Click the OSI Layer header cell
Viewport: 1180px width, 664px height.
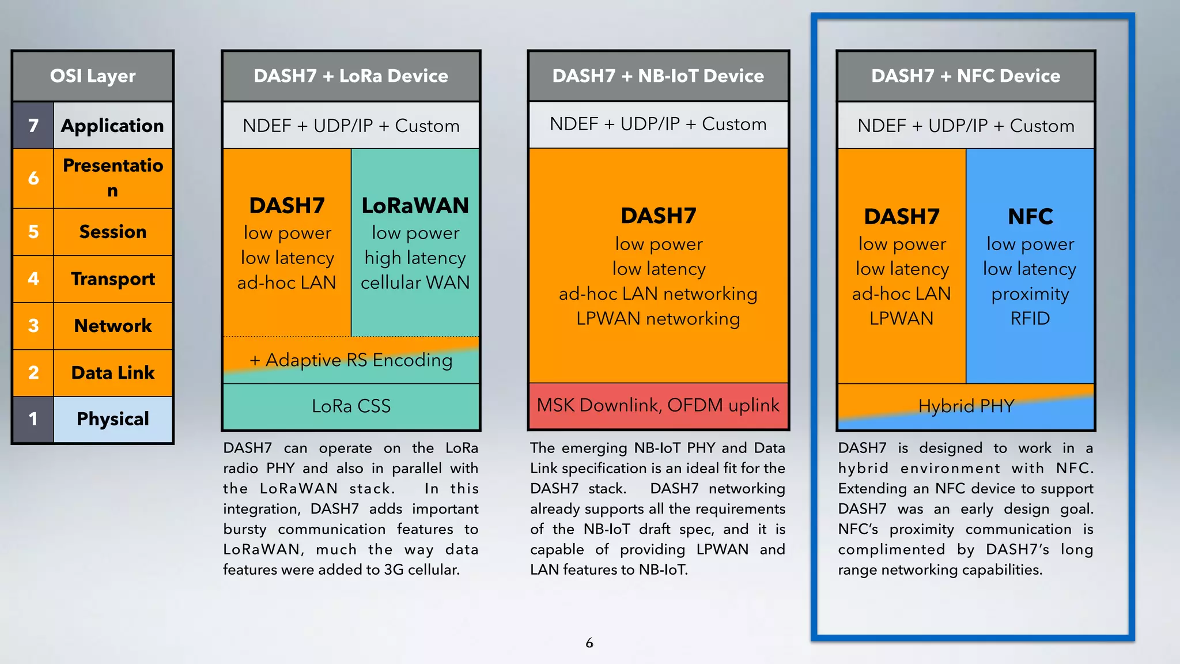click(x=92, y=76)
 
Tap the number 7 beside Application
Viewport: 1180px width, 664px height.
click(x=33, y=126)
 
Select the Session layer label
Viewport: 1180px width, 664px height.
click(x=113, y=232)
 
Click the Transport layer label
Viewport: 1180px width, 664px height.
click(x=113, y=279)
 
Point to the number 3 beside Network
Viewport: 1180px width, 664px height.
click(x=33, y=326)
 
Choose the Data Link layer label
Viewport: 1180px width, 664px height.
click(x=113, y=373)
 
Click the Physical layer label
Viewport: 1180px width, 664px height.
click(x=113, y=419)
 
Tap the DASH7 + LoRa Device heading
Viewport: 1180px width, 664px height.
click(x=351, y=76)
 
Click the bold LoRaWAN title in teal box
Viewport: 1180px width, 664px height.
click(x=415, y=206)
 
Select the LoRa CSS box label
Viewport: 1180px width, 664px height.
click(x=351, y=406)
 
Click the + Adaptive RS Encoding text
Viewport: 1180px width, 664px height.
click(x=351, y=360)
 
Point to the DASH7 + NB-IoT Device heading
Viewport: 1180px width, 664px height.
click(x=658, y=76)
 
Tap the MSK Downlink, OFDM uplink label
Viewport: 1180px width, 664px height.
click(x=658, y=405)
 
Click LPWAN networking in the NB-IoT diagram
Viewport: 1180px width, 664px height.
click(x=658, y=319)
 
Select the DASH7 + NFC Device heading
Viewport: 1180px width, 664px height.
click(x=966, y=76)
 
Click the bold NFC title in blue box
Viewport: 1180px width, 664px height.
click(x=1030, y=217)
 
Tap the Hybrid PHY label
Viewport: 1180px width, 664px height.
click(x=966, y=406)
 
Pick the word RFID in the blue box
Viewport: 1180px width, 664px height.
click(x=1030, y=319)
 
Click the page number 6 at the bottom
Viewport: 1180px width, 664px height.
click(x=589, y=643)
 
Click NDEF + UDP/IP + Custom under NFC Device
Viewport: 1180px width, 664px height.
click(x=966, y=126)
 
